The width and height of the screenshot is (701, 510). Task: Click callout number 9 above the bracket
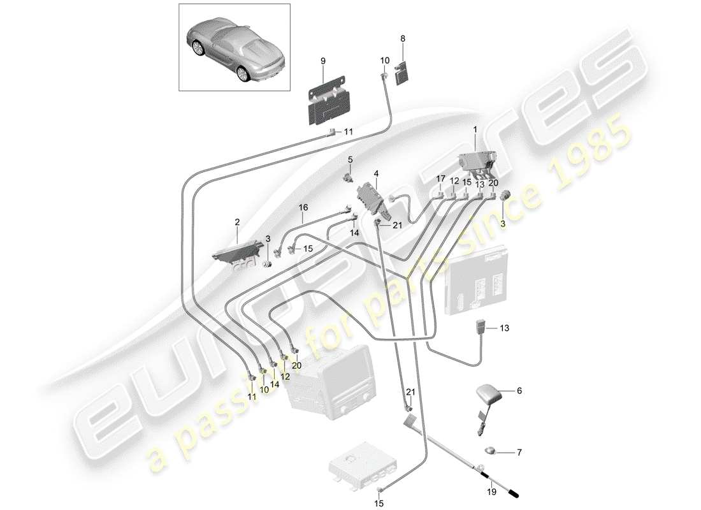click(322, 61)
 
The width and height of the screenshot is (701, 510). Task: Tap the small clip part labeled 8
click(401, 73)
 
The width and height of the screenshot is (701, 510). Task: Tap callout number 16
click(303, 207)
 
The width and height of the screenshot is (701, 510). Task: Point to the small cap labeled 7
click(491, 451)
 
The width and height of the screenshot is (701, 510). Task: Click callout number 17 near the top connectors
click(440, 180)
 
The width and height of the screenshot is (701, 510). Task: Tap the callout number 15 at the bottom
click(380, 504)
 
